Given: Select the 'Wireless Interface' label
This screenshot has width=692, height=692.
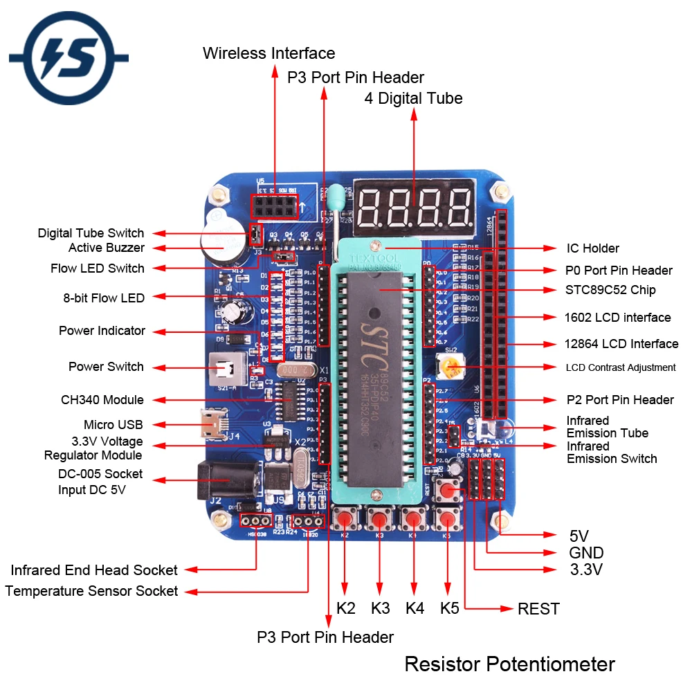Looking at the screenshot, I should click(x=268, y=53).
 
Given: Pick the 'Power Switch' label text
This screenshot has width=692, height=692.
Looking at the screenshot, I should click(x=106, y=367).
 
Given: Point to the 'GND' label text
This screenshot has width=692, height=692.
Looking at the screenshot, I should click(x=585, y=553).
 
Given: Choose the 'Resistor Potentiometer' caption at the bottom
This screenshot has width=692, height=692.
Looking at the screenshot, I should click(x=509, y=664).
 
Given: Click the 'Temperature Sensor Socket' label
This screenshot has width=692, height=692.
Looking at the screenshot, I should click(x=91, y=592).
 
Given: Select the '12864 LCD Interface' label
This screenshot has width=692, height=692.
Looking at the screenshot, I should click(x=621, y=344).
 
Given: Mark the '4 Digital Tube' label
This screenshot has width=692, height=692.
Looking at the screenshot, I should click(x=413, y=98).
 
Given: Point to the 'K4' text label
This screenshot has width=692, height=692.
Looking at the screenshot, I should click(x=415, y=609).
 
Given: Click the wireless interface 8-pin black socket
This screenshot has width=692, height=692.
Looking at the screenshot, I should click(x=274, y=206).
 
